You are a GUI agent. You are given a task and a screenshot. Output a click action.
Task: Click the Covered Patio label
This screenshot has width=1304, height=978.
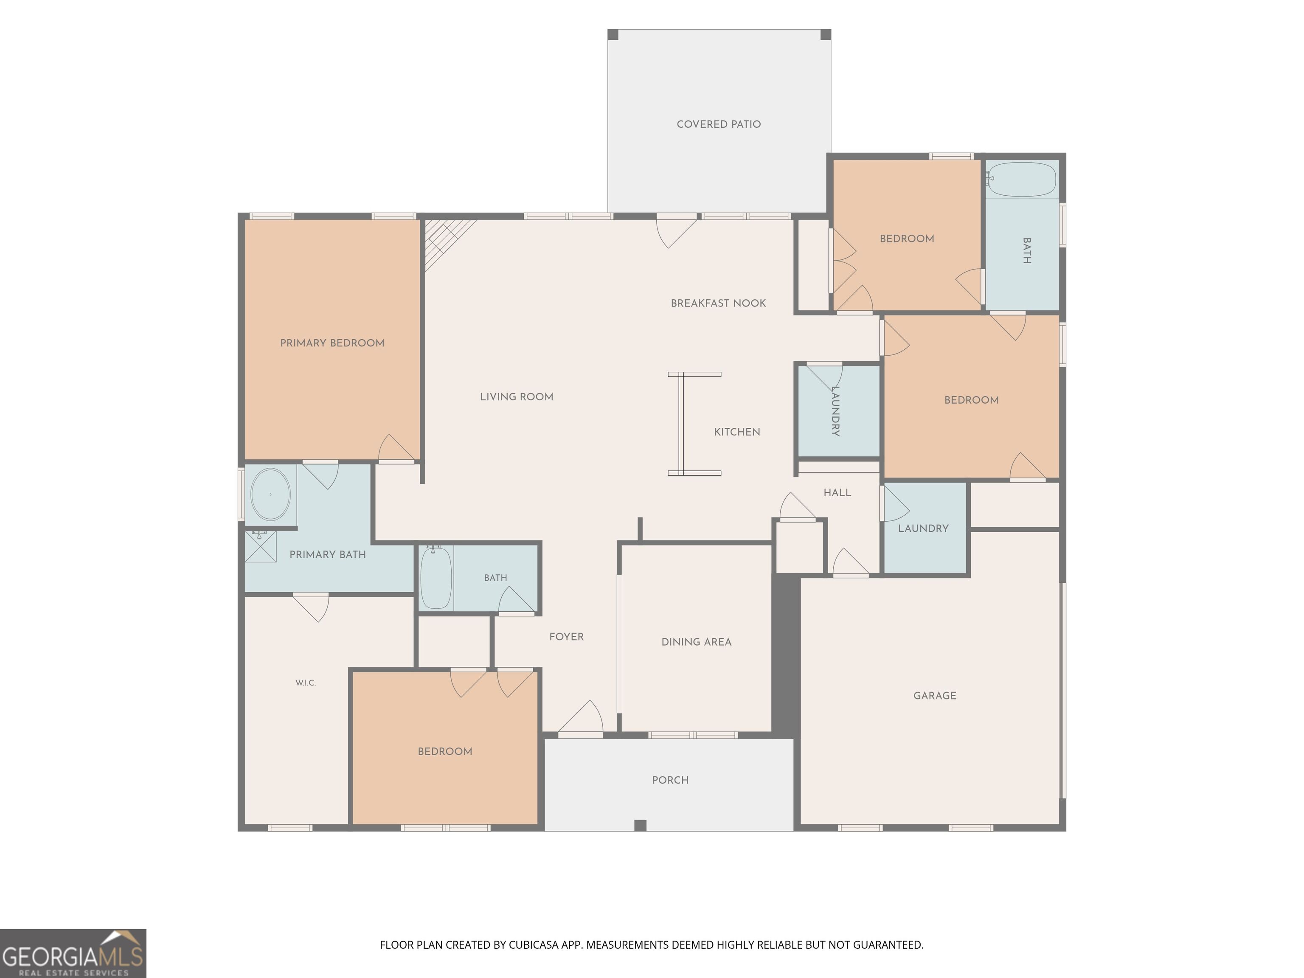pyautogui.click(x=719, y=124)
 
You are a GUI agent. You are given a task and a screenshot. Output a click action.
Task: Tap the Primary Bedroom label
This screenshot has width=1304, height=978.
pyautogui.click(x=332, y=343)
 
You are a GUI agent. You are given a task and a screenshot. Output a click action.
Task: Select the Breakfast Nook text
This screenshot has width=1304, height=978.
pyautogui.click(x=718, y=303)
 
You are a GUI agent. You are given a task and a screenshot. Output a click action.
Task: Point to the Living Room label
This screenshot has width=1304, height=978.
pyautogui.click(x=517, y=397)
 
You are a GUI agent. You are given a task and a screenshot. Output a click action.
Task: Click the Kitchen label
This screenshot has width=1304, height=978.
pyautogui.click(x=737, y=432)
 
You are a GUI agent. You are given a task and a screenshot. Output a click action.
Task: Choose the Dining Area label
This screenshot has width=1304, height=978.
pyautogui.click(x=696, y=642)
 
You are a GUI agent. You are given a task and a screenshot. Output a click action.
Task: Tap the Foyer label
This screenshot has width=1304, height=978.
pyautogui.click(x=567, y=637)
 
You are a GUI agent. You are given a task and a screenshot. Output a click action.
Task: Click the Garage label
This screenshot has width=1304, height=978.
pyautogui.click(x=935, y=696)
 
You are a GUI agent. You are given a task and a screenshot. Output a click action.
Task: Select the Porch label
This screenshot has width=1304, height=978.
pyautogui.click(x=670, y=780)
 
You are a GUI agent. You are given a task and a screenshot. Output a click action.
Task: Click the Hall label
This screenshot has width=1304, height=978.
pyautogui.click(x=837, y=493)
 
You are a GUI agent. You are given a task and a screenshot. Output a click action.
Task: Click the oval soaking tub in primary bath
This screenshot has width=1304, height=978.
pyautogui.click(x=270, y=494)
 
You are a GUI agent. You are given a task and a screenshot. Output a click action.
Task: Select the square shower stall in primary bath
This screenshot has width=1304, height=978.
pyautogui.click(x=261, y=546)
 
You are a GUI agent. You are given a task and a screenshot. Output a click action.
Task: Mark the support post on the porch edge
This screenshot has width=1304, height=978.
pyautogui.click(x=640, y=825)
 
